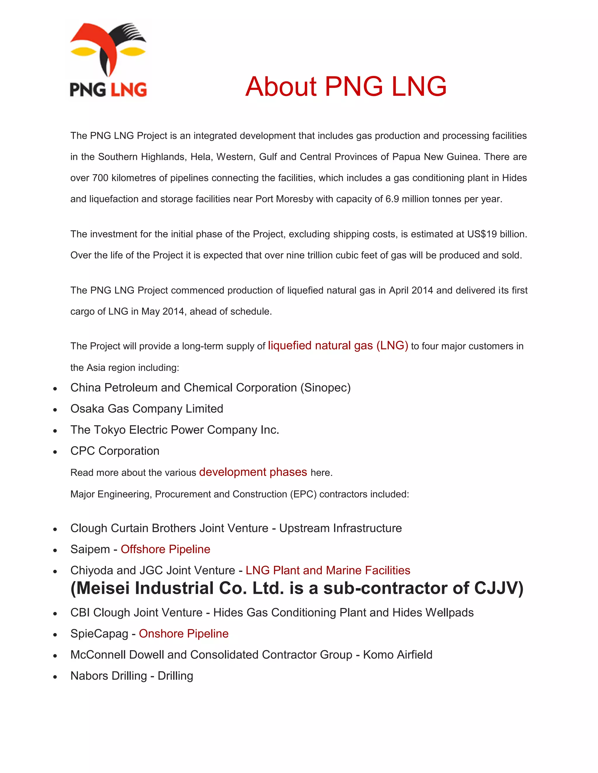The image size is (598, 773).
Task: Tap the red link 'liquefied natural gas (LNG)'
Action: (338, 345)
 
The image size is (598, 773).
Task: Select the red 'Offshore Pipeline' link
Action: (166, 549)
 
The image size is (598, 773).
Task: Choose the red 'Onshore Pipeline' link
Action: (183, 633)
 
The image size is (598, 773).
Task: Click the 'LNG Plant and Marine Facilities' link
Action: (328, 570)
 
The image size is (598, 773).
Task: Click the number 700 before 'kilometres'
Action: (100, 178)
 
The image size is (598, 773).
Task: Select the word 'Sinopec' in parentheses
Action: (326, 388)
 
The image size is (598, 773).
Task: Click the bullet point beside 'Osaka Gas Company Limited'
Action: (55, 410)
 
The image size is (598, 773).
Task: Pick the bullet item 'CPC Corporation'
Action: (115, 451)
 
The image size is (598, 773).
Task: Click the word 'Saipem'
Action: (90, 549)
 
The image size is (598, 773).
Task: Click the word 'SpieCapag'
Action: (99, 634)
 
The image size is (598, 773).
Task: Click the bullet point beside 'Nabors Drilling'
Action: (55, 677)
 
